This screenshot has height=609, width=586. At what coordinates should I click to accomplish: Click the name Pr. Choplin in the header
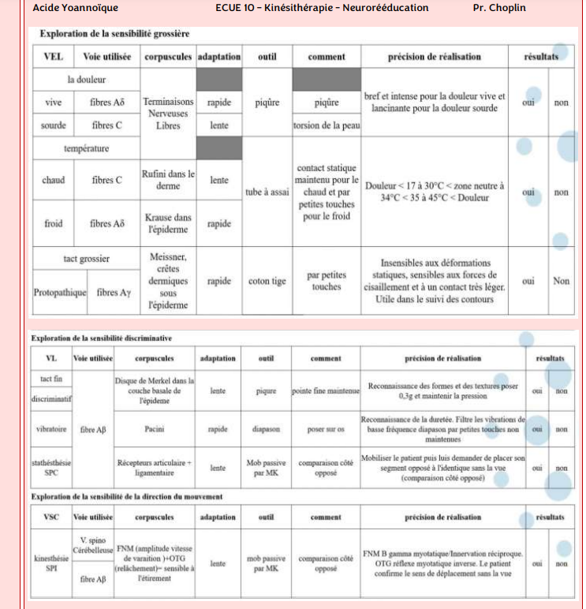pos(498,8)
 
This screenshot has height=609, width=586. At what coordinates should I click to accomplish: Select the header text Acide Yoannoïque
pos(76,8)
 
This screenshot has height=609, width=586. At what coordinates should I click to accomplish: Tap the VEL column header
pos(54,57)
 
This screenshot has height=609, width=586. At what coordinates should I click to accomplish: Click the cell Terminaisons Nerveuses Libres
pos(168,114)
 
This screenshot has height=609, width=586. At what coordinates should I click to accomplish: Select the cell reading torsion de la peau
pos(326,125)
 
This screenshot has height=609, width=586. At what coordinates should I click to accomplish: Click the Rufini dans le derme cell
pos(168,180)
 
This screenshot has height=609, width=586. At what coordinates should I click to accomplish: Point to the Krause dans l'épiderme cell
pos(168,224)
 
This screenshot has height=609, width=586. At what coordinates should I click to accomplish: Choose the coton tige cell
pos(267,281)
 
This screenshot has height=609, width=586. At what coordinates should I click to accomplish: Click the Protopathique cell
pos(60,293)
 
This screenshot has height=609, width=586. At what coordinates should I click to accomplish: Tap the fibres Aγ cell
pos(114,293)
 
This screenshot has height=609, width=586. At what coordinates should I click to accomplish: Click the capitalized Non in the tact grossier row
pos(561,281)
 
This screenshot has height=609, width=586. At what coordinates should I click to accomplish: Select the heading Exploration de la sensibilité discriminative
pos(101,338)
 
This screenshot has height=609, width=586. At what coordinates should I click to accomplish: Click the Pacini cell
pos(155,429)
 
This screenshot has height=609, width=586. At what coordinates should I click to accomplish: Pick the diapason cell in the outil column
pos(266,429)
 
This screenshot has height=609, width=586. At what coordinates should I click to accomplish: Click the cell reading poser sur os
pos(326,429)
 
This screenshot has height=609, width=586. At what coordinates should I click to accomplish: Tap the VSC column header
pos(50,517)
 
